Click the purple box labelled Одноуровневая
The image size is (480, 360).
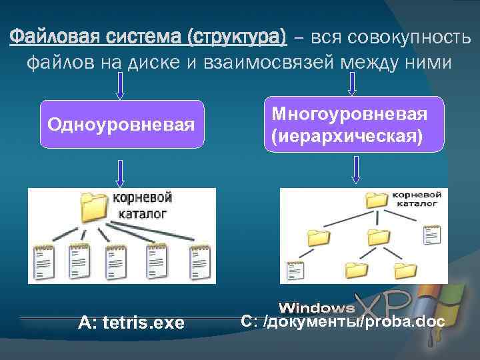pos(122,124)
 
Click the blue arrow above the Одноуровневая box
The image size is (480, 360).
pos(120,85)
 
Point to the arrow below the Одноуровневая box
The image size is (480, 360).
pos(120,173)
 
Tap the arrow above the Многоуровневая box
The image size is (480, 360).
pos(353,83)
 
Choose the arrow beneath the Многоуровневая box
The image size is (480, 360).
pos(355,169)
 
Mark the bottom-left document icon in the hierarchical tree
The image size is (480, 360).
pos(294,271)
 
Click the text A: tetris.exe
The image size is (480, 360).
pos(131,323)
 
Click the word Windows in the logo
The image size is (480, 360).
pos(317,307)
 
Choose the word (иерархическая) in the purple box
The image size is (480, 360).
pos(347,135)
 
